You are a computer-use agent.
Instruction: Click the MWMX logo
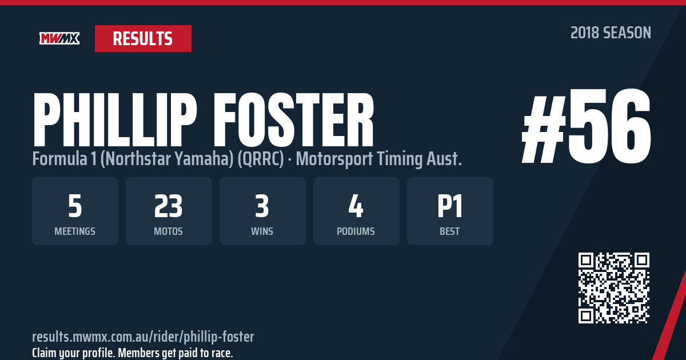click(59, 38)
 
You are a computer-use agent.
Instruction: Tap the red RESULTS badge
click(143, 39)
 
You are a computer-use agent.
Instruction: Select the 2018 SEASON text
click(611, 33)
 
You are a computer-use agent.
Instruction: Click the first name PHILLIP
click(115, 119)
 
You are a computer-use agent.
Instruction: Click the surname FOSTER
click(294, 119)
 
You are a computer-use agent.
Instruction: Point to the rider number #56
click(586, 126)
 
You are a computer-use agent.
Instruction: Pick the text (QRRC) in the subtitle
click(261, 159)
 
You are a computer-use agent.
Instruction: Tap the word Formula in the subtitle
click(59, 159)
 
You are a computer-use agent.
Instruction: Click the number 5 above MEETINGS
click(75, 206)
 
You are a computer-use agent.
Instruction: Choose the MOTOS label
click(169, 231)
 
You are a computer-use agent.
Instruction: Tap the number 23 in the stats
click(169, 206)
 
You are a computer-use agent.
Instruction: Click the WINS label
click(262, 231)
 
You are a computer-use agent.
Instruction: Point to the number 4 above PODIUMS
click(356, 206)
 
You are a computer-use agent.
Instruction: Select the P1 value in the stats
click(449, 206)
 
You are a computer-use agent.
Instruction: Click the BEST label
click(449, 231)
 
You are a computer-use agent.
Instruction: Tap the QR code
click(614, 288)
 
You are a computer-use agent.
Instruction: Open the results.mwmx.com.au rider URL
click(143, 337)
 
